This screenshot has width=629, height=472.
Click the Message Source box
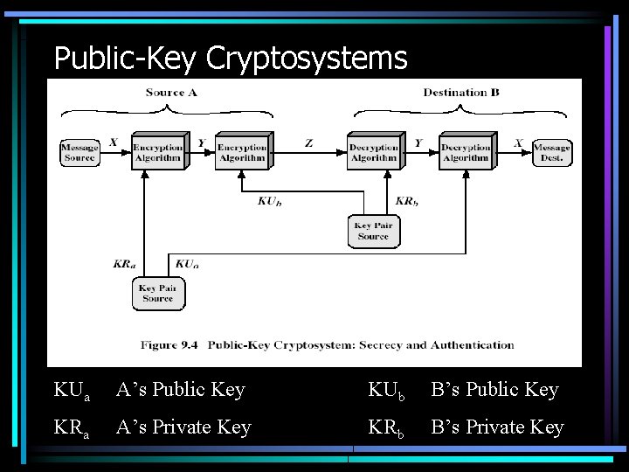79,152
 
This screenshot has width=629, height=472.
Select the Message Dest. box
551,152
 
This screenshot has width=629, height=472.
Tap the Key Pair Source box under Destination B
373,232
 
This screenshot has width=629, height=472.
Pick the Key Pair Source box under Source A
157,294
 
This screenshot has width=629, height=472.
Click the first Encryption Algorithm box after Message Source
157,151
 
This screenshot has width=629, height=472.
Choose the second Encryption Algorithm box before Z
242,151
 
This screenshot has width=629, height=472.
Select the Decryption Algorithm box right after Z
373,151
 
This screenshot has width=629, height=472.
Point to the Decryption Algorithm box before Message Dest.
466,151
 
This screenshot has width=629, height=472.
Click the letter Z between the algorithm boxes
308,142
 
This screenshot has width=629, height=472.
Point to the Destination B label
461,93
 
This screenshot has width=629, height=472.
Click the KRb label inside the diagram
407,201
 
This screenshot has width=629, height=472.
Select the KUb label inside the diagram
270,201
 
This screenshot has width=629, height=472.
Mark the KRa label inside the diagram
124,263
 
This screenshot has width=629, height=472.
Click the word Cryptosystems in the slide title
307,59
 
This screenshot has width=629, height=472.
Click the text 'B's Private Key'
497,427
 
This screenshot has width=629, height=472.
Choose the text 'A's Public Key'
181,390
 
